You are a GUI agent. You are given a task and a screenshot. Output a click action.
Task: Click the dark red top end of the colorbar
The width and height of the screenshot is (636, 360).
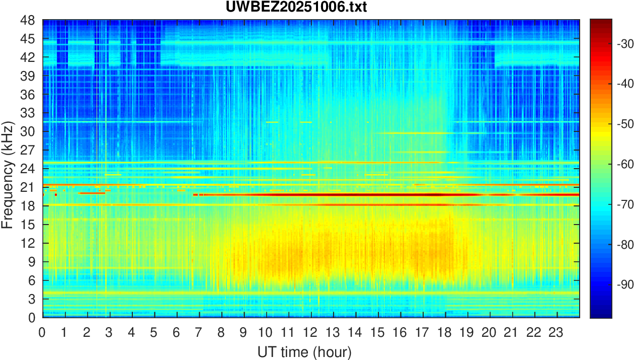tap(601, 21)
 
